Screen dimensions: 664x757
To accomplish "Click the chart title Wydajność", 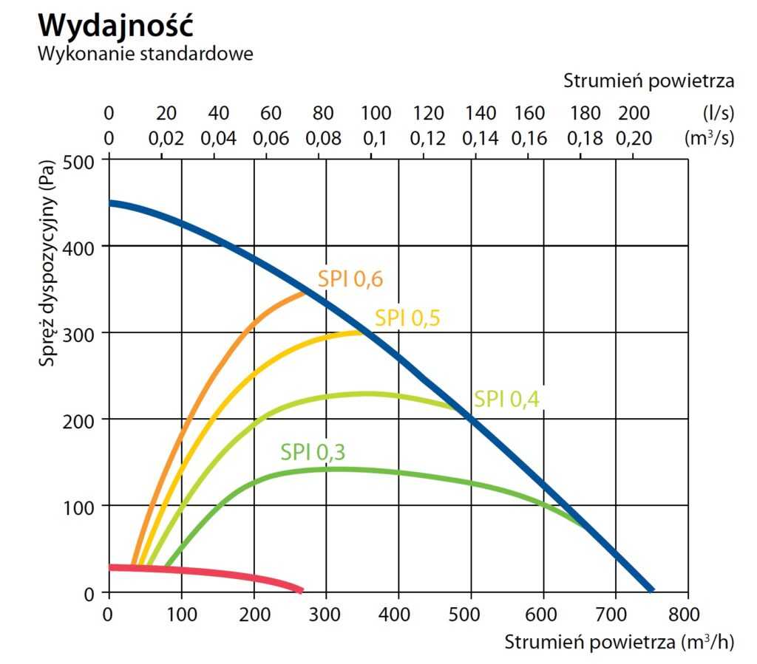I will [116, 25].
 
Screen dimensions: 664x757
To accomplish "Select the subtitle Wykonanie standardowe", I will [146, 55].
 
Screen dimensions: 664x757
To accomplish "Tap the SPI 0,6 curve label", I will [350, 278].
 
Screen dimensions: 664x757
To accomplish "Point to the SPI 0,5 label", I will [407, 318].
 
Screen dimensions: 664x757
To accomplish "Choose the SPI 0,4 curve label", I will [507, 399].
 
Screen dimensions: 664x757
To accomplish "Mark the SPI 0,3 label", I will [313, 452].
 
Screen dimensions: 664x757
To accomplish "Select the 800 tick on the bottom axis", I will [688, 615].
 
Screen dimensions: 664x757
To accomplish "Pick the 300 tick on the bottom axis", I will [326, 615].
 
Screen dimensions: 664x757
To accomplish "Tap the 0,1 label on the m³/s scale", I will [376, 138].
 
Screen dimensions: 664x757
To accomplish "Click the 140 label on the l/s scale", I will [481, 114].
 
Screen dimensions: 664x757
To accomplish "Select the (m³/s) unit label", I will [710, 138].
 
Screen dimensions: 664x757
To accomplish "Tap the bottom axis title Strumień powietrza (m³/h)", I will [619, 642].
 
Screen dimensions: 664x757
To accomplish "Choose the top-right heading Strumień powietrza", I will [648, 81].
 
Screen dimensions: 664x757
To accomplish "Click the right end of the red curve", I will [300, 590].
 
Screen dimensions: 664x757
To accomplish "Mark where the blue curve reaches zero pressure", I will [651, 590].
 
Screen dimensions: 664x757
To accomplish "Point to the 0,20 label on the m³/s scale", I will [634, 138].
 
